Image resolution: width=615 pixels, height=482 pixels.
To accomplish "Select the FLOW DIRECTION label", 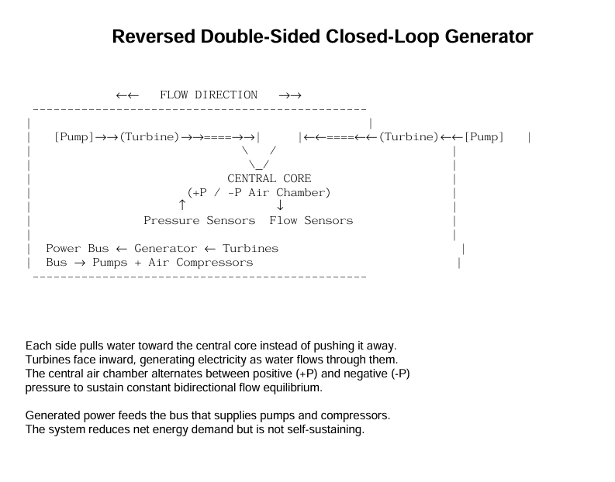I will pos(209,95).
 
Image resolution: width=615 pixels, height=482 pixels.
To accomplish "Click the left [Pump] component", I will pos(74,137).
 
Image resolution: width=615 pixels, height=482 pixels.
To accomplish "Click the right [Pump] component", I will pos(484,137).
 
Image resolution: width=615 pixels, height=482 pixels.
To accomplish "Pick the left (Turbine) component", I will pos(149,137).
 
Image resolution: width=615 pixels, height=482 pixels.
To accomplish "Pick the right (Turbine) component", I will pos(409,137).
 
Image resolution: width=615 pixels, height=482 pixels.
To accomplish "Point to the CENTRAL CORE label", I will pos(269,179).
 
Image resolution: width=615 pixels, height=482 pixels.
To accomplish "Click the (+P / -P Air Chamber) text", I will pos(259,193).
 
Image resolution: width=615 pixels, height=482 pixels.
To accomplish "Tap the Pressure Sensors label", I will pos(199,221).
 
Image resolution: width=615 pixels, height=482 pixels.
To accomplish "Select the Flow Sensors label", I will pos(311,221).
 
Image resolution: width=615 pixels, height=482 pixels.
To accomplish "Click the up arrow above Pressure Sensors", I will pos(182,205).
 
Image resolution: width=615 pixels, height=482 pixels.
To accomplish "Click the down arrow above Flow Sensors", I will pos(280,205).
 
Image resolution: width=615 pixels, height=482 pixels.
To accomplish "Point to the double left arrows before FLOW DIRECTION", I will pos(127,95).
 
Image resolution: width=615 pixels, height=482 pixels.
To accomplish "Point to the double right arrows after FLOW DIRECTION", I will pos(290,95).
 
